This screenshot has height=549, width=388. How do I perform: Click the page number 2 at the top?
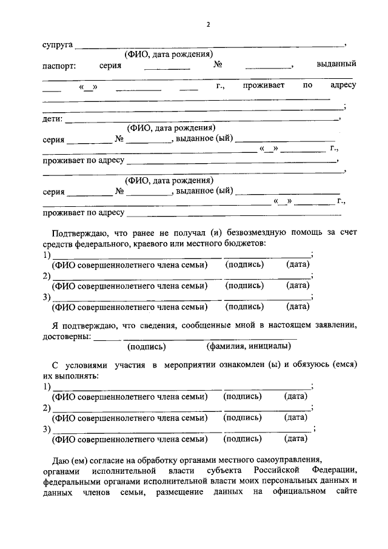(x=208, y=25)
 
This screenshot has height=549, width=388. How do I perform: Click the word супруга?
(x=58, y=45)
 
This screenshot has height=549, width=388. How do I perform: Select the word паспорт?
(x=59, y=65)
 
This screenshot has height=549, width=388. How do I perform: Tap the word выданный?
(x=336, y=64)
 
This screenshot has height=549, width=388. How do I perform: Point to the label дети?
(x=52, y=119)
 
